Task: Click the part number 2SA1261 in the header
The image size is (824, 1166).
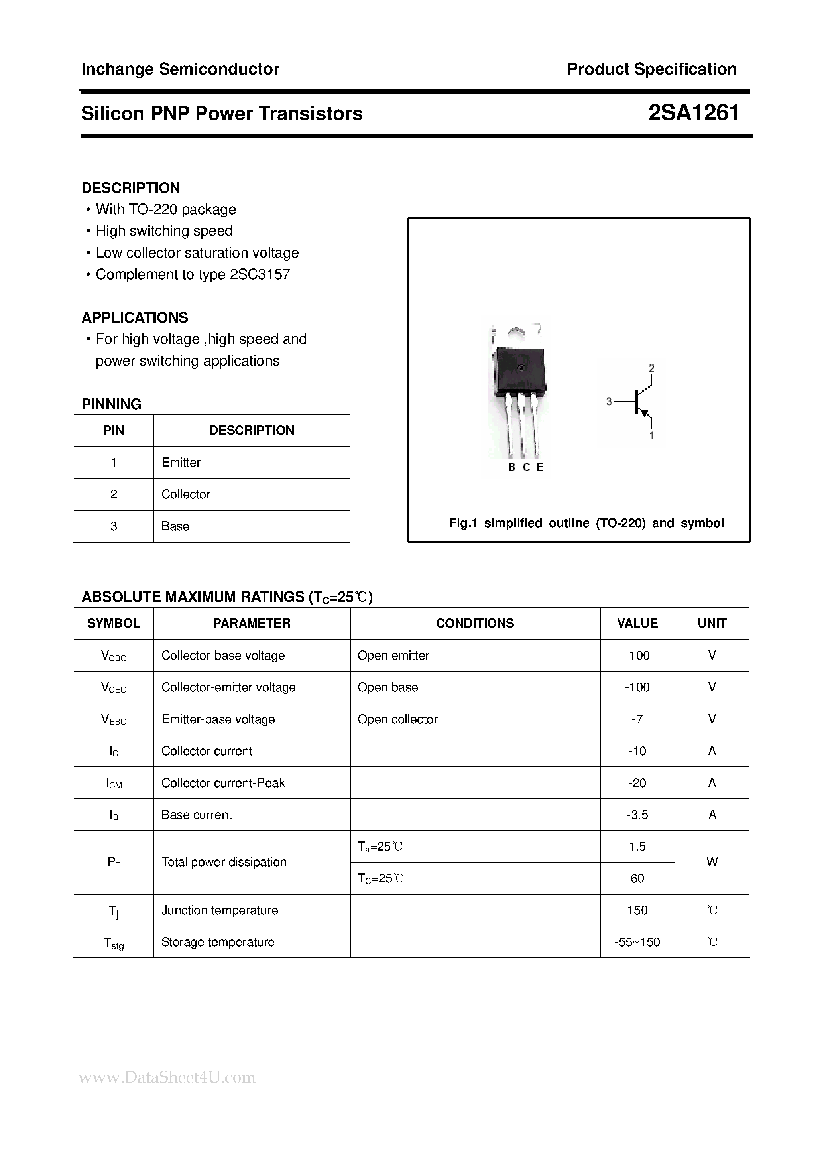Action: (x=694, y=113)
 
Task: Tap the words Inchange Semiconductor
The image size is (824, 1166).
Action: (x=180, y=69)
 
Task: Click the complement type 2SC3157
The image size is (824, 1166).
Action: (x=260, y=274)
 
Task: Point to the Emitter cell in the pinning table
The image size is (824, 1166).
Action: (x=181, y=462)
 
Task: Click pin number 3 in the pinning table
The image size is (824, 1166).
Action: (x=113, y=526)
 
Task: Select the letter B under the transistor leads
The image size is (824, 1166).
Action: (x=512, y=467)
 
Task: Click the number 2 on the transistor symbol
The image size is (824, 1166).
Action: (x=651, y=368)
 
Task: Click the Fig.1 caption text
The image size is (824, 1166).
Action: (x=586, y=523)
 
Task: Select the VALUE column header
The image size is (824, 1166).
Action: (x=637, y=623)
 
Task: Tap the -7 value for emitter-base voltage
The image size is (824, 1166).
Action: (x=637, y=719)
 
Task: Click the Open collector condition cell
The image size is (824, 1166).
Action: (x=397, y=719)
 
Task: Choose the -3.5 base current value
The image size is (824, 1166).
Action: (x=637, y=815)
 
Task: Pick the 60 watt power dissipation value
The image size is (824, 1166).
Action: (x=637, y=878)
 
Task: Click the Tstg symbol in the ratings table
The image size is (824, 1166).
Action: (x=113, y=943)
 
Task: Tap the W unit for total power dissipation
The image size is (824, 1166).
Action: (x=712, y=862)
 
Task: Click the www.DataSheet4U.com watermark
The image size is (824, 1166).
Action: (x=167, y=1077)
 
